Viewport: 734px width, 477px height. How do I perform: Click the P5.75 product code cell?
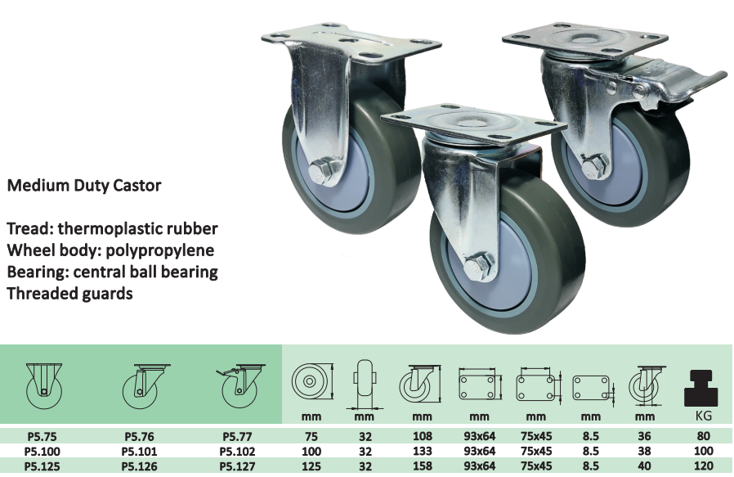(43, 437)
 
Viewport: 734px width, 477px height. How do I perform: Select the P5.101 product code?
(140, 452)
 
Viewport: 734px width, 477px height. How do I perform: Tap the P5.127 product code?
(237, 466)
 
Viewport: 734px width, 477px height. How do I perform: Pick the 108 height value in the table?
(423, 436)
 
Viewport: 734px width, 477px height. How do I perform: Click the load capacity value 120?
(704, 466)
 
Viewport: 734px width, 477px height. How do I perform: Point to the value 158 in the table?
(423, 466)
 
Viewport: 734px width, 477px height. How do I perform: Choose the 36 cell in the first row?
(645, 436)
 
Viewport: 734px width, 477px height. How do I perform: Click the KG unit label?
(704, 416)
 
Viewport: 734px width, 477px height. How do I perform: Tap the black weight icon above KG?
(700, 388)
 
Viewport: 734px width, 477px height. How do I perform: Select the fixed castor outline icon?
(44, 386)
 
